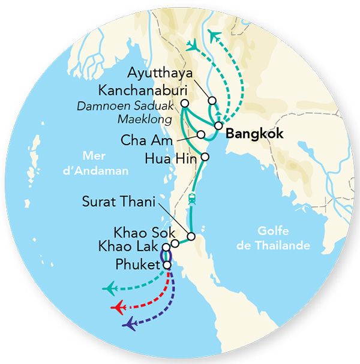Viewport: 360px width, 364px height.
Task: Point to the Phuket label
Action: pos(137,261)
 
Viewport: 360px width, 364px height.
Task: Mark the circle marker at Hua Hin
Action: pos(205,157)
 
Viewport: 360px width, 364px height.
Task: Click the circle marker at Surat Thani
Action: pos(191,236)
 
